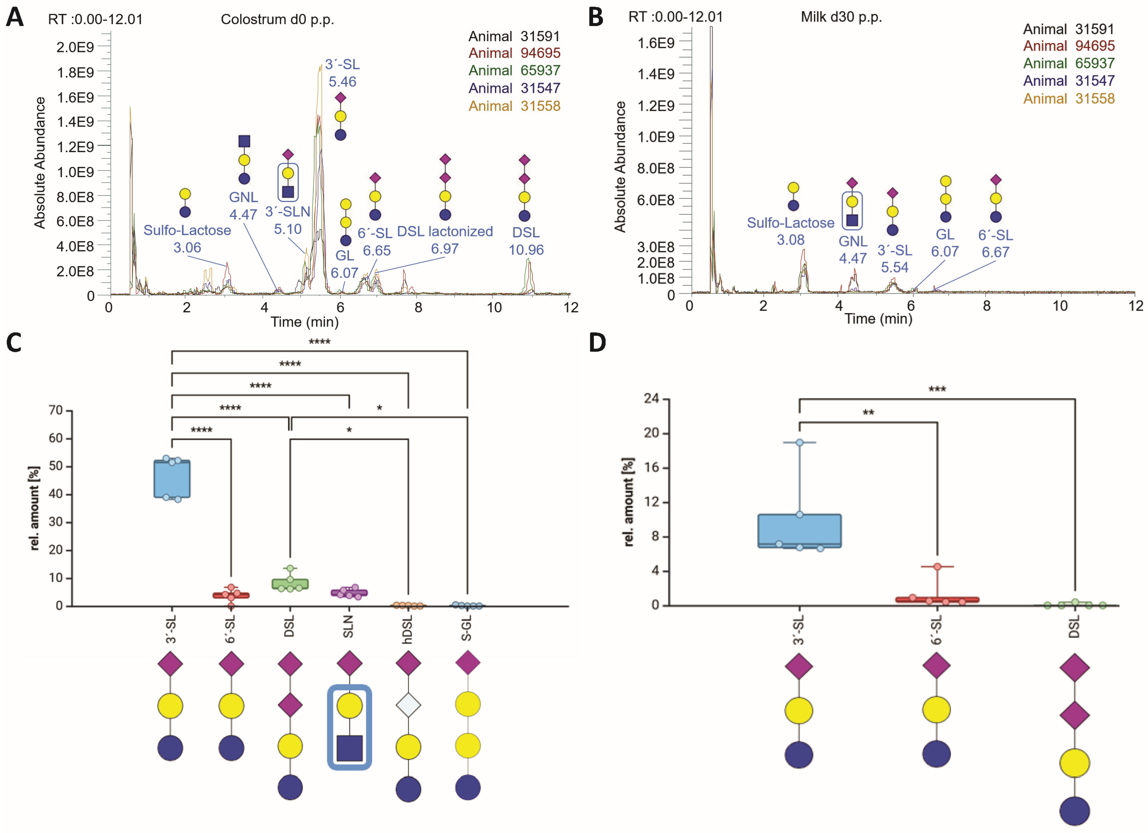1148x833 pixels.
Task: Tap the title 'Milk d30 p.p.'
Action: tap(841, 17)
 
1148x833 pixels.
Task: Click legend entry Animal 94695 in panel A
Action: tap(514, 53)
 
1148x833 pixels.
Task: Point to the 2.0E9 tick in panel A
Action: tap(75, 47)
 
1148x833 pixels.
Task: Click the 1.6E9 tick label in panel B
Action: tap(656, 43)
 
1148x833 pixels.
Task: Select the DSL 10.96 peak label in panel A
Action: tap(526, 241)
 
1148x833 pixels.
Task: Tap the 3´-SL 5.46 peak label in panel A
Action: tap(342, 73)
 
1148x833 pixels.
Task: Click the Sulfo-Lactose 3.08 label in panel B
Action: tap(790, 231)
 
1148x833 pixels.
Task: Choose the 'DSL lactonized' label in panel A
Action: tap(444, 232)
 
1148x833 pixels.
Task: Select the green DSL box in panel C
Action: tap(290, 584)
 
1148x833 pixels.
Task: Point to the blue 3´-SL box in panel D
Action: tap(799, 531)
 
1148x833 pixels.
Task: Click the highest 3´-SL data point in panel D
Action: tap(800, 442)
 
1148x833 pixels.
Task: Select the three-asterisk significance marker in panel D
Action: tap(937, 389)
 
